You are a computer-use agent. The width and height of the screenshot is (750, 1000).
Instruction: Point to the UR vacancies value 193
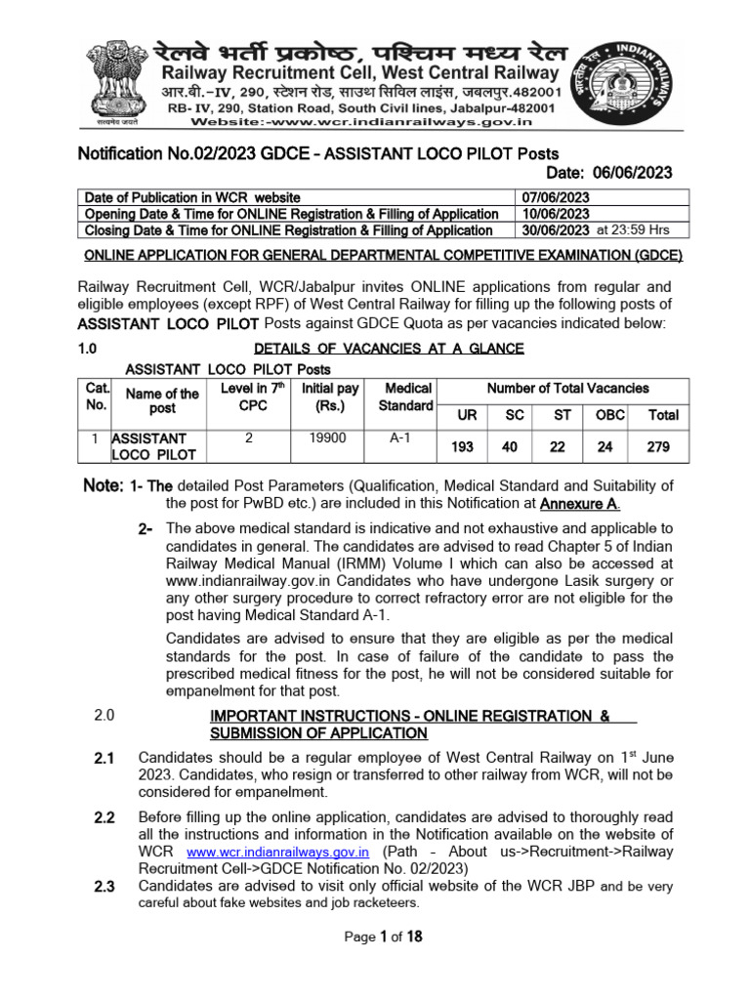point(468,446)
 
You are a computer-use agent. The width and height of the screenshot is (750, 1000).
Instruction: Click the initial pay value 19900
point(328,438)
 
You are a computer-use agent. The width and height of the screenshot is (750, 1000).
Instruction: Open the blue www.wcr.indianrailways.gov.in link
point(277,852)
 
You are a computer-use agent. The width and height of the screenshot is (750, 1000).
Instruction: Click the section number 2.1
point(104,758)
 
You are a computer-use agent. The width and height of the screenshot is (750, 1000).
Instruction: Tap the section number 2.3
point(104,887)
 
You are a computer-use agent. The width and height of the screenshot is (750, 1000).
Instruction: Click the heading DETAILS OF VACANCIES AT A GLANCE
point(389,349)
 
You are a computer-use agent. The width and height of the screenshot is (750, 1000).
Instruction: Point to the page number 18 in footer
point(413,937)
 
